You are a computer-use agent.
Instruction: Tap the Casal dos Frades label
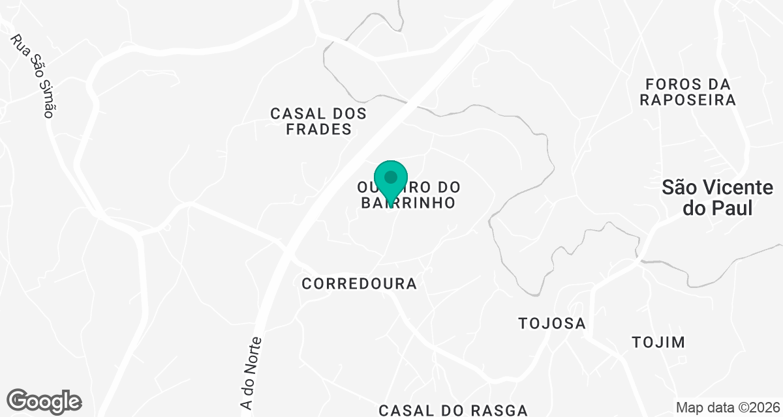[318, 121]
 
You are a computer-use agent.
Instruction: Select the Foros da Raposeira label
[688, 92]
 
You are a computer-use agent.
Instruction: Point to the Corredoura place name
[359, 284]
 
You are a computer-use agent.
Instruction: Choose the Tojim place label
[658, 342]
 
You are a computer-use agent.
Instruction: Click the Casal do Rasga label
[453, 410]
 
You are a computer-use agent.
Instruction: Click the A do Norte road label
[251, 375]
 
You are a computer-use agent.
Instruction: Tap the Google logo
[44, 401]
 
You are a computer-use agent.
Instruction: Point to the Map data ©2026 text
[728, 408]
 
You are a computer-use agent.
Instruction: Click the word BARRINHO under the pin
[408, 203]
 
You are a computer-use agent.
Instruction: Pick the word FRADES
[320, 130]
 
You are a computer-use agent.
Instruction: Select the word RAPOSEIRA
[688, 100]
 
